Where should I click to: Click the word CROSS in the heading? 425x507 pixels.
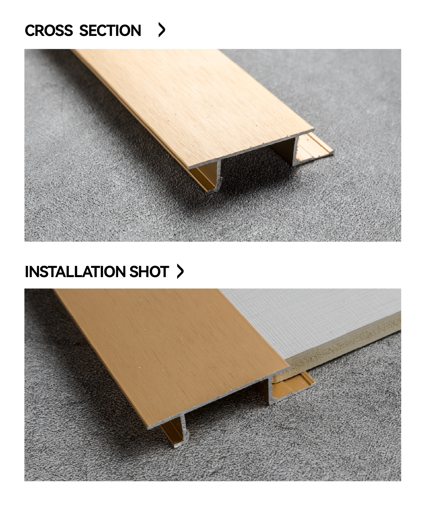(49, 30)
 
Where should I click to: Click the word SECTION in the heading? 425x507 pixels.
(110, 30)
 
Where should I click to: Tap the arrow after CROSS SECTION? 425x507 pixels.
(162, 30)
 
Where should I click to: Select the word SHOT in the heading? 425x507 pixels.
(149, 271)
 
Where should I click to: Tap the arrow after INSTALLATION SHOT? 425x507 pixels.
(180, 271)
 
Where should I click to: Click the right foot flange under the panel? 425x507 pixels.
(293, 386)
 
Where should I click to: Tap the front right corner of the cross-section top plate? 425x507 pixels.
(314, 129)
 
